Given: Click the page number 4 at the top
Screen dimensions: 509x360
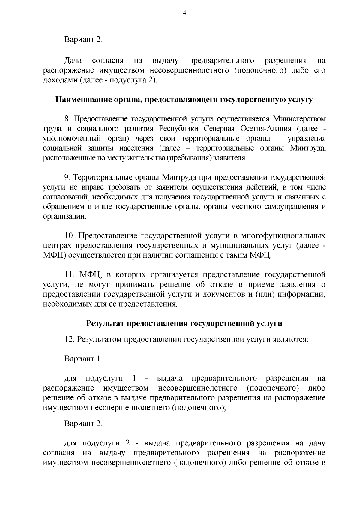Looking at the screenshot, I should point(184,13).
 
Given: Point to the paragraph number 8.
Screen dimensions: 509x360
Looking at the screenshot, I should point(67,119).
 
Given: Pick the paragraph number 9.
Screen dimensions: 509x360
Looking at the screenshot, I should point(67,178).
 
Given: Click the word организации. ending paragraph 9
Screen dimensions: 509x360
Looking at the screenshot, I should point(64,216).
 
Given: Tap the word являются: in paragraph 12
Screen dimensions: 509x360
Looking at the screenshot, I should point(290,340).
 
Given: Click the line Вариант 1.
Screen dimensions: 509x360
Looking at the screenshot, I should point(83,359).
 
